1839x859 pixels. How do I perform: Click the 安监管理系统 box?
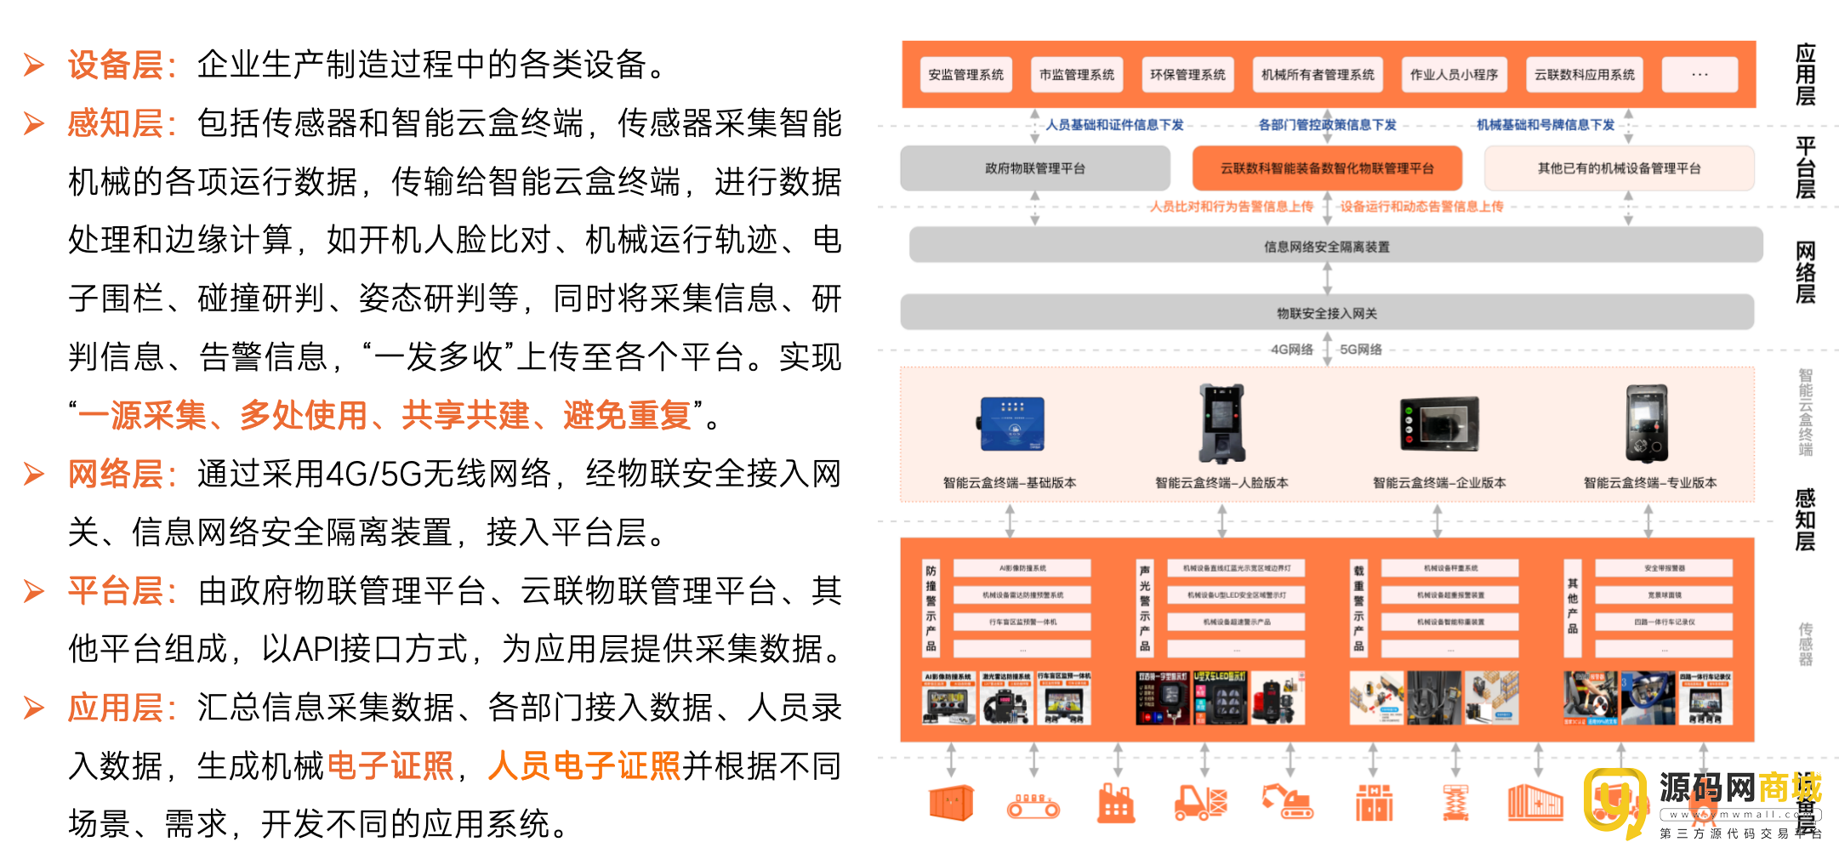tap(965, 75)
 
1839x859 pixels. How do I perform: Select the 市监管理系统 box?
tap(1076, 75)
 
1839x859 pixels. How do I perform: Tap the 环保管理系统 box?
tap(1187, 75)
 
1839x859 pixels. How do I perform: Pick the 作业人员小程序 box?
tap(1454, 75)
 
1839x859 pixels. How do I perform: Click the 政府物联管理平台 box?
tap(1035, 168)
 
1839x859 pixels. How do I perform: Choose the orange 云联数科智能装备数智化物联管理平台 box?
tap(1327, 168)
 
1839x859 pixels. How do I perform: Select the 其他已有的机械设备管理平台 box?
tap(1619, 168)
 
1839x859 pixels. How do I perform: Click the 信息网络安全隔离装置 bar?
tap(1327, 247)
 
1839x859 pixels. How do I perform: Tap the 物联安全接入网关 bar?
tap(1327, 313)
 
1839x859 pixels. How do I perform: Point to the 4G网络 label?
tap(1291, 350)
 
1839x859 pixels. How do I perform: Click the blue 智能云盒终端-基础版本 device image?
tap(1011, 424)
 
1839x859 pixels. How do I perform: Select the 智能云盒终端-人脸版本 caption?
tap(1221, 483)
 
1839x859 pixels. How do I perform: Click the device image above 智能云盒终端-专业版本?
tap(1647, 423)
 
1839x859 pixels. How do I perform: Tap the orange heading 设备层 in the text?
tap(116, 65)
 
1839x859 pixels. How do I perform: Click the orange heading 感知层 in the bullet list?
tap(116, 124)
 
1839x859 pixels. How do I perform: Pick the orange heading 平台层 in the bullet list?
tap(116, 591)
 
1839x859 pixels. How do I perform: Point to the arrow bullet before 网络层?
tap(34, 474)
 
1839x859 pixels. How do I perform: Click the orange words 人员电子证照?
tap(584, 766)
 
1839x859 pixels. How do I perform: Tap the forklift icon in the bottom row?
tap(1200, 801)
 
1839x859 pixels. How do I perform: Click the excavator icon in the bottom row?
tap(1288, 801)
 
